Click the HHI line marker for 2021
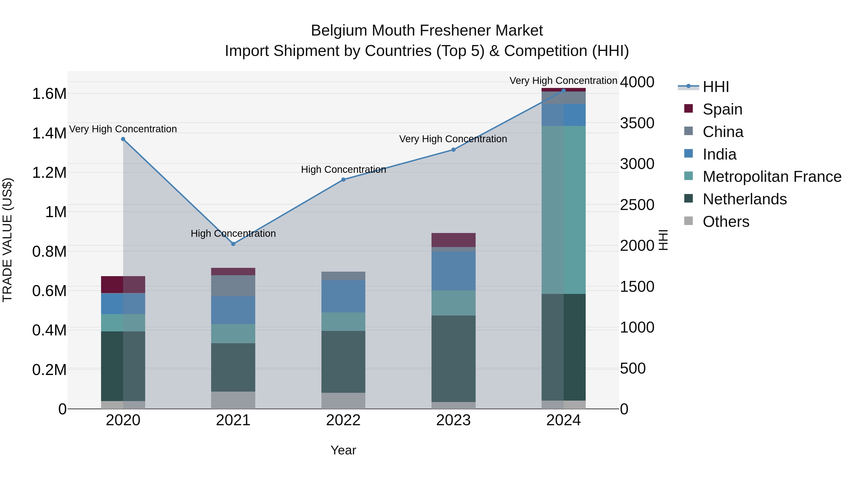[233, 244]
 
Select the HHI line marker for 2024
[563, 91]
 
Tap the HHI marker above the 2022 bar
[343, 179]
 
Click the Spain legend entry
[722, 109]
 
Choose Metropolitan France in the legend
[772, 177]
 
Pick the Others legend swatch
[689, 221]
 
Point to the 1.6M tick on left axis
[49, 94]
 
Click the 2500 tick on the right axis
[637, 205]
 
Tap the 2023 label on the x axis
[453, 420]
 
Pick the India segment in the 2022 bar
[343, 296]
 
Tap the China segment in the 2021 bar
[233, 286]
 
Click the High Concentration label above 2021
[233, 233]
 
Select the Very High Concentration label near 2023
[453, 139]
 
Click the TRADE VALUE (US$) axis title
[7, 240]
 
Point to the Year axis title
[343, 450]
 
